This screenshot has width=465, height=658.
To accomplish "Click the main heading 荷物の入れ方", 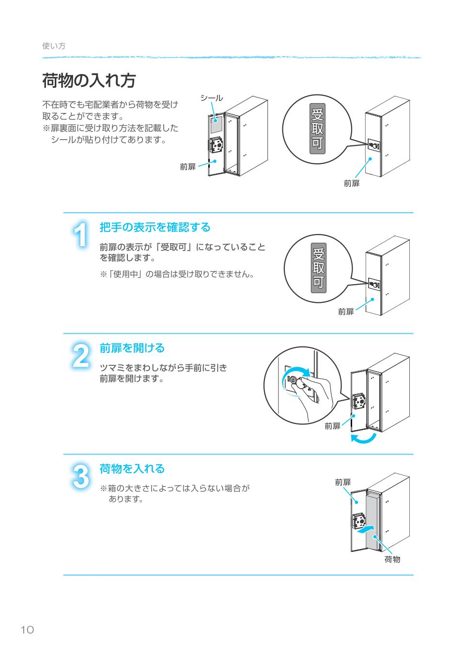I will [89, 81].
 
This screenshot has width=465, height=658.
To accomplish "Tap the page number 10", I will [27, 629].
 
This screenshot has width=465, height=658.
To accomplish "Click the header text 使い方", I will [54, 46].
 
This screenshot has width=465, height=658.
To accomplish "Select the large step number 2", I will [81, 356].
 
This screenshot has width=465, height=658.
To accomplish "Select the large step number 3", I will [81, 477].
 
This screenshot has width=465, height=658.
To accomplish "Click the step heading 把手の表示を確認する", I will [155, 227].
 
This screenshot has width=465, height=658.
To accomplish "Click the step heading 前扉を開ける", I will [132, 348].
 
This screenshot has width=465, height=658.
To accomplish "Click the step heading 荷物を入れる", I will [132, 469].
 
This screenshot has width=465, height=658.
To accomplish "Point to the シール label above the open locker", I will [212, 98].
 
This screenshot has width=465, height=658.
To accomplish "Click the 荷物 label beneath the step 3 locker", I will [392, 560].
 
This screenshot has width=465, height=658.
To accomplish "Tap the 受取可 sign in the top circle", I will [317, 129].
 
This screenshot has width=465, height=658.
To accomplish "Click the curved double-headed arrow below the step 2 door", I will [363, 438].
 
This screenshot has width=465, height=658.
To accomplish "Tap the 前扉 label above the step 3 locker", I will [342, 482].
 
